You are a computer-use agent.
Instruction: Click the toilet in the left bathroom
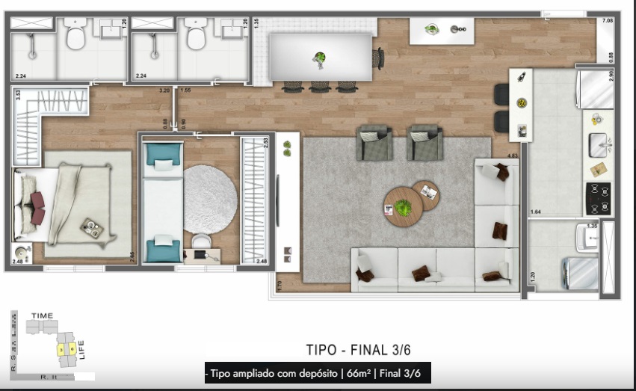[75, 36]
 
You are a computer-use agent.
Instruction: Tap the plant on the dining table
[320, 58]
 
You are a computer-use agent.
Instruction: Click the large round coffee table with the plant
[403, 206]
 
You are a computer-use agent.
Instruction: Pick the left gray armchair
[374, 143]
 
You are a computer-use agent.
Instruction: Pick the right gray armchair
[424, 143]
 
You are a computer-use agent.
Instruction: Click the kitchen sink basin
[598, 144]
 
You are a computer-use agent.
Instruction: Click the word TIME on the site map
[43, 316]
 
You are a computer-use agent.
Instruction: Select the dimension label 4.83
[513, 156]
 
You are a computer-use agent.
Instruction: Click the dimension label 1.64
[534, 211]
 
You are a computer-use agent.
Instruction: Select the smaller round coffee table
[426, 194]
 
